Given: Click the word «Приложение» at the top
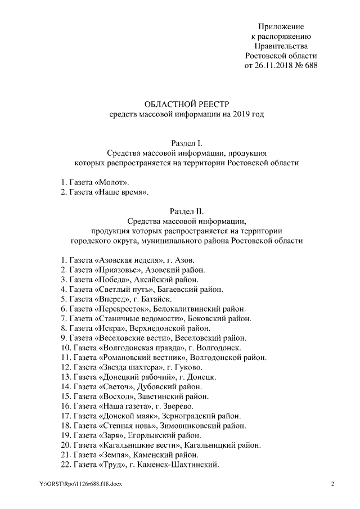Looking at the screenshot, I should pyautogui.click(x=281, y=26).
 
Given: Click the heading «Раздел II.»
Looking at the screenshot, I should pyautogui.click(x=186, y=211).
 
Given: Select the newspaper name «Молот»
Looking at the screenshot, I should pyautogui.click(x=112, y=183).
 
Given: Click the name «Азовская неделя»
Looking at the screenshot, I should pyautogui.click(x=129, y=260).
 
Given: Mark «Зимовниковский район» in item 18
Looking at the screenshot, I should pyautogui.click(x=210, y=426).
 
